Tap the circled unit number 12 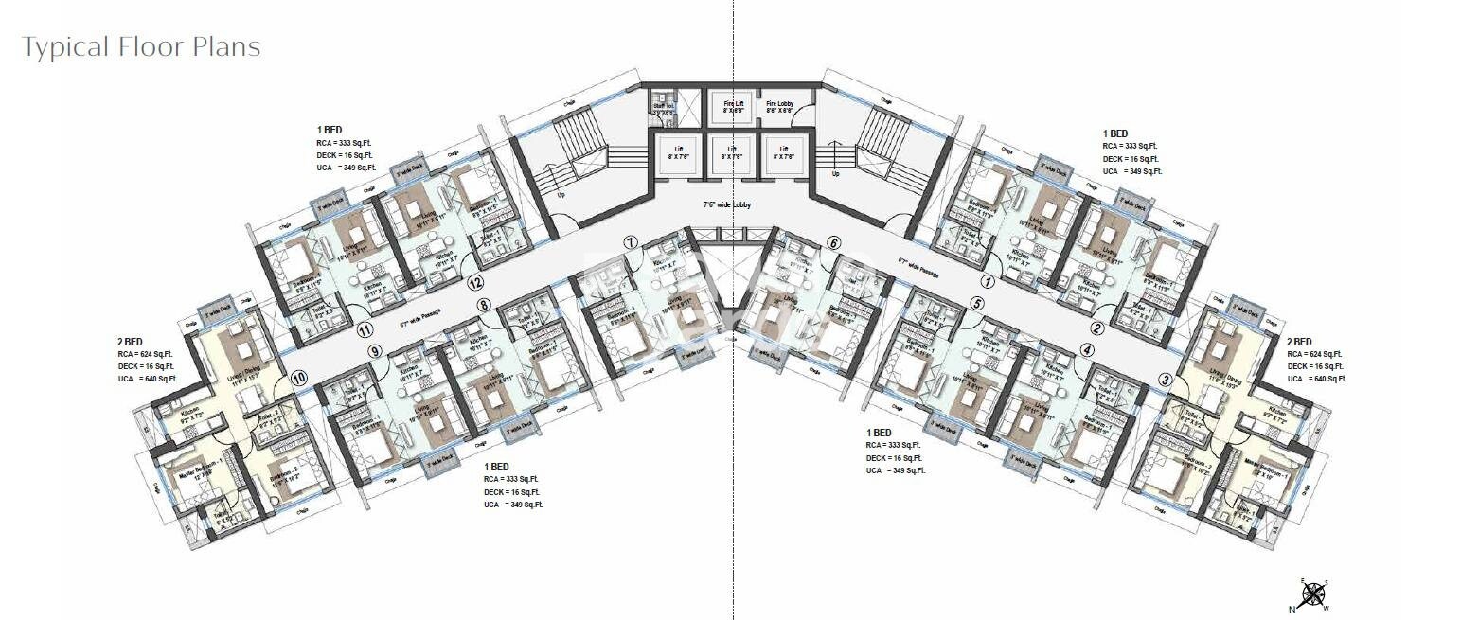point(475,282)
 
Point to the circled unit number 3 point(1165,380)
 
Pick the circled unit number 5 point(978,304)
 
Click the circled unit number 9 point(375,351)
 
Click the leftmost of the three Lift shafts point(679,152)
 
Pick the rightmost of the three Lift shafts point(782,152)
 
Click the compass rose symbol point(1312,594)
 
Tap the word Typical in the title point(65,46)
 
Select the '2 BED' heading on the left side point(130,342)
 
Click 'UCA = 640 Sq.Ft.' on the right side point(1316,379)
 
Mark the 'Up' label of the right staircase point(834,174)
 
